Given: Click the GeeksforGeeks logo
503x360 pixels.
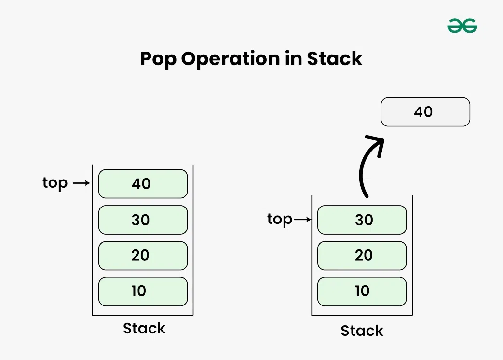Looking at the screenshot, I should (x=462, y=26).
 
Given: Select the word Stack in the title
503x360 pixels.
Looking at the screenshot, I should (x=335, y=59).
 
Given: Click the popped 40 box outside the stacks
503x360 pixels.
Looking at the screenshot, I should (x=425, y=112).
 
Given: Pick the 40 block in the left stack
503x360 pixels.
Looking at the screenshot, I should (x=143, y=184).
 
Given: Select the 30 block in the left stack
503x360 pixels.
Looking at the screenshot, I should (x=143, y=220).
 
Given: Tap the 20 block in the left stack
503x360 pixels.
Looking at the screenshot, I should (x=143, y=255).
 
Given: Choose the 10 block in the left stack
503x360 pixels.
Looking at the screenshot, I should (x=143, y=291).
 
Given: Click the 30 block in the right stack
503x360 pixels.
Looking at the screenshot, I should (x=362, y=220).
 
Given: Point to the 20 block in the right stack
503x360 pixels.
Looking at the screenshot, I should (x=362, y=255).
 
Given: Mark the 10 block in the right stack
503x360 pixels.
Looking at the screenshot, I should (x=362, y=291).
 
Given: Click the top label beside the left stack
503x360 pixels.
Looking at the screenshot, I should (x=55, y=183).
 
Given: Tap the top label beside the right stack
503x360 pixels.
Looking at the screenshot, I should (x=280, y=220).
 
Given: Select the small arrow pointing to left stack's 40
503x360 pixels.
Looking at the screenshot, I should (x=81, y=183).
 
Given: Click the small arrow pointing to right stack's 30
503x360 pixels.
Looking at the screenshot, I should (x=303, y=220).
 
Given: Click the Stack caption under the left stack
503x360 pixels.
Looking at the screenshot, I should (x=144, y=329).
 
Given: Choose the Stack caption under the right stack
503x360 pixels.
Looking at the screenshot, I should (x=362, y=331).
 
